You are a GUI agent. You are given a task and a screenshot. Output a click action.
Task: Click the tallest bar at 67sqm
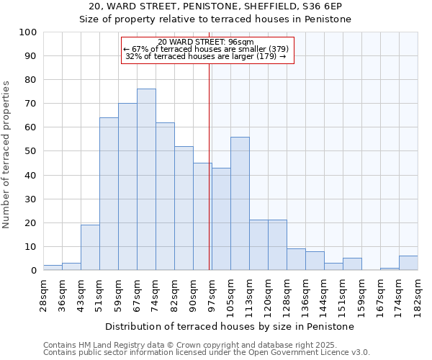[x=146, y=179]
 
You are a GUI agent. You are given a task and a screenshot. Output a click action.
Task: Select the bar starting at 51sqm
[x=109, y=194]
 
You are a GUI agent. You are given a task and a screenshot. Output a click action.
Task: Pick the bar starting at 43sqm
[x=90, y=247]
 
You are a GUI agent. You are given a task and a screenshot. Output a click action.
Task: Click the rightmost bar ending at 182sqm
[x=408, y=263]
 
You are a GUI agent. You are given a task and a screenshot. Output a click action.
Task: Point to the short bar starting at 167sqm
[x=390, y=269]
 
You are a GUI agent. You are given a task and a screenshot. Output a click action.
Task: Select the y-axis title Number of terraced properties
[x=7, y=154]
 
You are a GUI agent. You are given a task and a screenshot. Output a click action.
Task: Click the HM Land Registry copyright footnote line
[x=205, y=345]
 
